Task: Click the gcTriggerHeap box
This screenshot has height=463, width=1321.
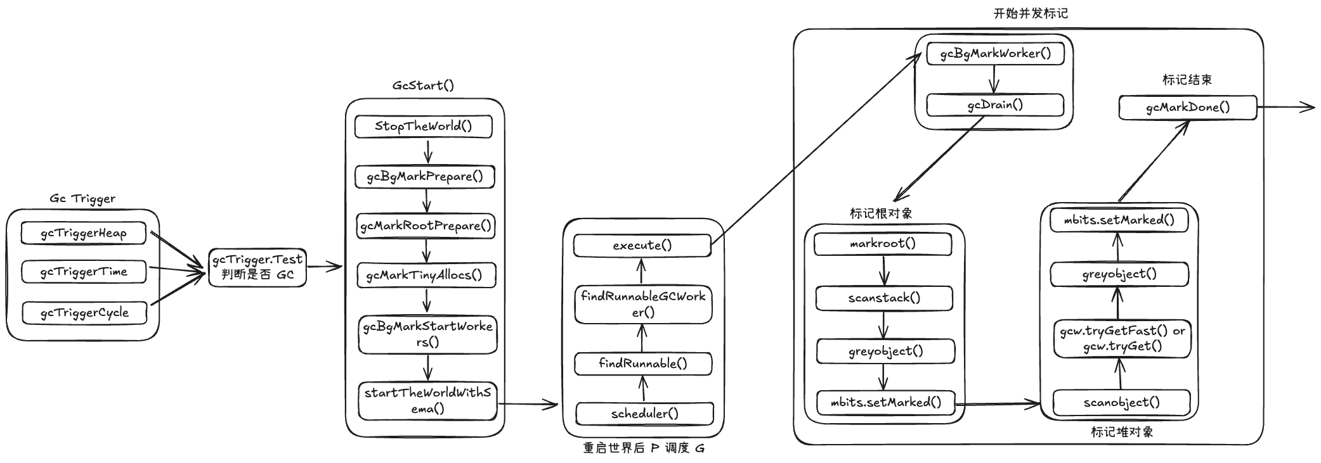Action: click(83, 233)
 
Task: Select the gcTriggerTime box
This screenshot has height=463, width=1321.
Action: click(84, 272)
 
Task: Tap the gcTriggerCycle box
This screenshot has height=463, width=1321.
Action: click(84, 312)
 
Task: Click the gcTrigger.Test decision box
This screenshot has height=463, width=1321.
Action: click(257, 267)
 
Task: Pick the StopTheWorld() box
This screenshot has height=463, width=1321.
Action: click(423, 126)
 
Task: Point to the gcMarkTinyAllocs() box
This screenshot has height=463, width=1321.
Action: click(425, 275)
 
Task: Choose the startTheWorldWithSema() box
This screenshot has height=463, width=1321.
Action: click(427, 400)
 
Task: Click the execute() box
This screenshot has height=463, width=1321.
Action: click(642, 245)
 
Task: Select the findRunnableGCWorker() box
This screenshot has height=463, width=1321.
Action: click(643, 304)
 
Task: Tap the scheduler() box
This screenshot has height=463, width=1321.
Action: click(644, 414)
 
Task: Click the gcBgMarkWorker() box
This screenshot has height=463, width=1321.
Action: click(995, 53)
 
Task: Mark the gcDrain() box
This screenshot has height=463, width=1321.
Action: click(995, 105)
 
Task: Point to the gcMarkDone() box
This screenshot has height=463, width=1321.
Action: click(1187, 107)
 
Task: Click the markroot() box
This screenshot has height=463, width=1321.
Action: click(883, 243)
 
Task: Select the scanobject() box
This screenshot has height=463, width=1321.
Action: click(1121, 402)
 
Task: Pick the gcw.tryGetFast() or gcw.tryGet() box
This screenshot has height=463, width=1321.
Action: click(1123, 338)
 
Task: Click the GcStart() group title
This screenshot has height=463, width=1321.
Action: click(423, 85)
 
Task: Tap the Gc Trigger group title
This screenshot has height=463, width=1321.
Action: click(82, 198)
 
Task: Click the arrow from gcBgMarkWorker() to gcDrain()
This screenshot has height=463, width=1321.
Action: click(994, 79)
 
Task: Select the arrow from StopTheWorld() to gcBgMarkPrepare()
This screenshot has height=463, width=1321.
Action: click(428, 152)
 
